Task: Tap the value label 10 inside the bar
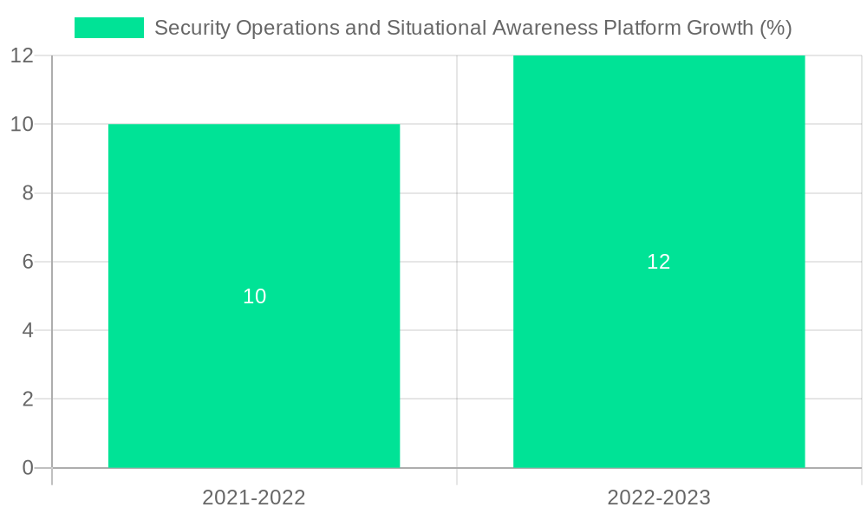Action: coord(254,296)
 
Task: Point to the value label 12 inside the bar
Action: coord(659,262)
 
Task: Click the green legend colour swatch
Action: coord(109,28)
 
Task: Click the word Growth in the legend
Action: coord(720,28)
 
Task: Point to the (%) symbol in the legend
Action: coord(776,28)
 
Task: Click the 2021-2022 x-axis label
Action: coord(254,497)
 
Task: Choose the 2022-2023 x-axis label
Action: coord(659,497)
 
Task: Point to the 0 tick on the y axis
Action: coord(28,468)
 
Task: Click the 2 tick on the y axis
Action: coord(28,400)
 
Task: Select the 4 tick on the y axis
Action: coord(28,330)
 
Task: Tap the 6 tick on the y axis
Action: coord(28,262)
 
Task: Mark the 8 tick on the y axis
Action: coord(28,193)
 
